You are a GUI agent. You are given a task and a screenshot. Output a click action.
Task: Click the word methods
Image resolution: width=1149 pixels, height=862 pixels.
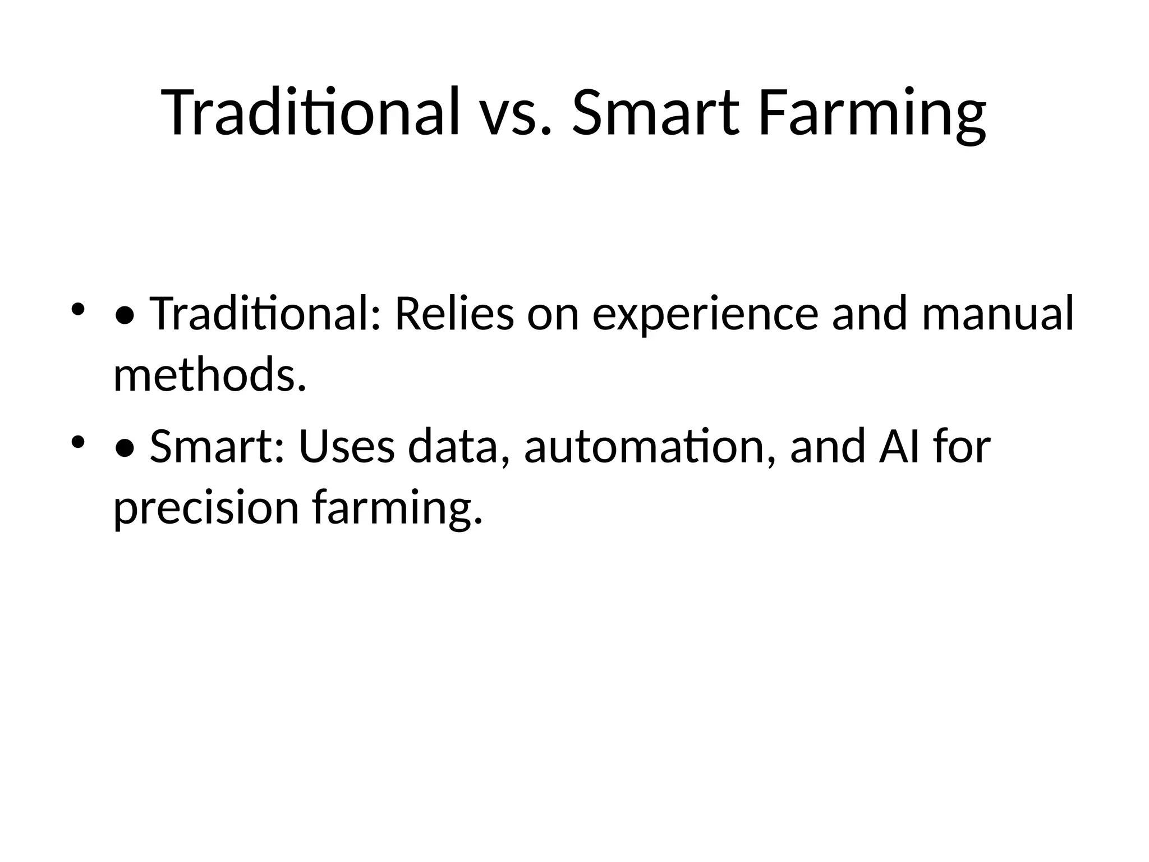(210, 375)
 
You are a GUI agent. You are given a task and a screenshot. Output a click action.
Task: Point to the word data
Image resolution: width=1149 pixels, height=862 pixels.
(453, 447)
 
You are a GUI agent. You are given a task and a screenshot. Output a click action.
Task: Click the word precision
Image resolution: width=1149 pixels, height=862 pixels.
(206, 508)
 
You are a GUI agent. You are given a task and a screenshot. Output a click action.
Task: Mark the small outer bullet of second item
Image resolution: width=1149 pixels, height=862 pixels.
(78, 442)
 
